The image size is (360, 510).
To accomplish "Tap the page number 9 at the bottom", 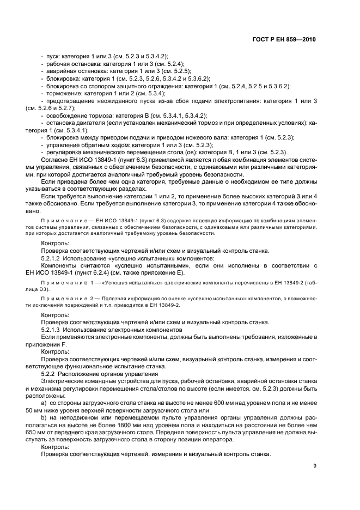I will pyautogui.click(x=315, y=466).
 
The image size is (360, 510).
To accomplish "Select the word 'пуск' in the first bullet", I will pyautogui.click(x=51, y=56).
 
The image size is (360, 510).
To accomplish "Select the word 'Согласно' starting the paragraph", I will pyautogui.click(x=55, y=160).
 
